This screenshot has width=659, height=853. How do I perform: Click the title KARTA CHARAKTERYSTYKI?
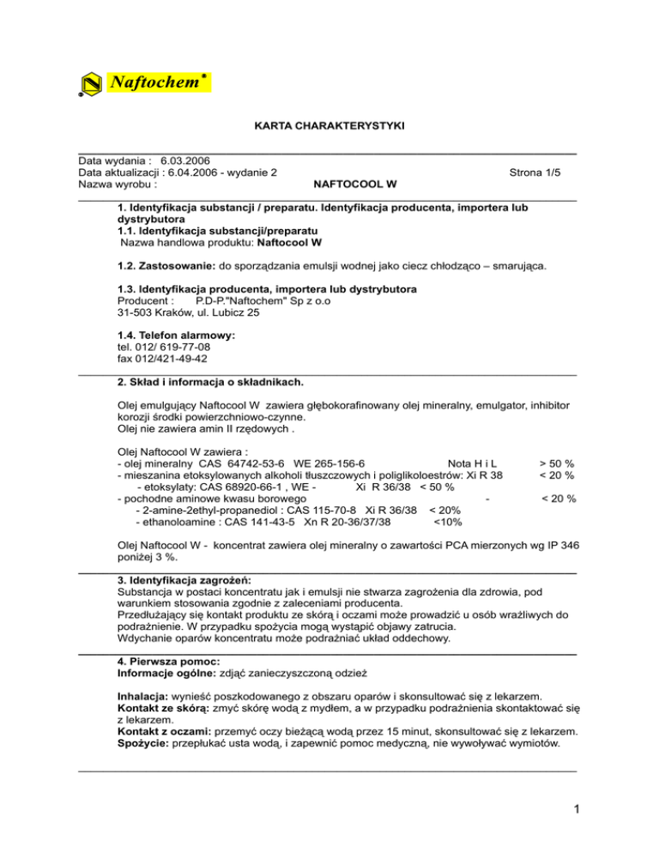tap(329, 126)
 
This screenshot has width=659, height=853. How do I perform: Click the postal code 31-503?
tap(134, 313)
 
